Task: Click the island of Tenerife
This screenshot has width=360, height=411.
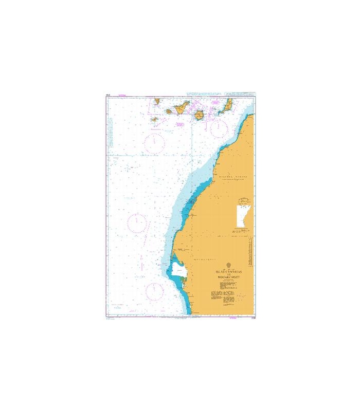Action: pyautogui.click(x=181, y=108)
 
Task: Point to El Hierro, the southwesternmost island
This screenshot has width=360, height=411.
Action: pyautogui.click(x=154, y=120)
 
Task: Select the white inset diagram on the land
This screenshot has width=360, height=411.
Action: pyautogui.click(x=241, y=216)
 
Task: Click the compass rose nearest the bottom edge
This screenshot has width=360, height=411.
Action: pyautogui.click(x=154, y=291)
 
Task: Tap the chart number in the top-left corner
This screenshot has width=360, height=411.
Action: pyautogui.click(x=109, y=95)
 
